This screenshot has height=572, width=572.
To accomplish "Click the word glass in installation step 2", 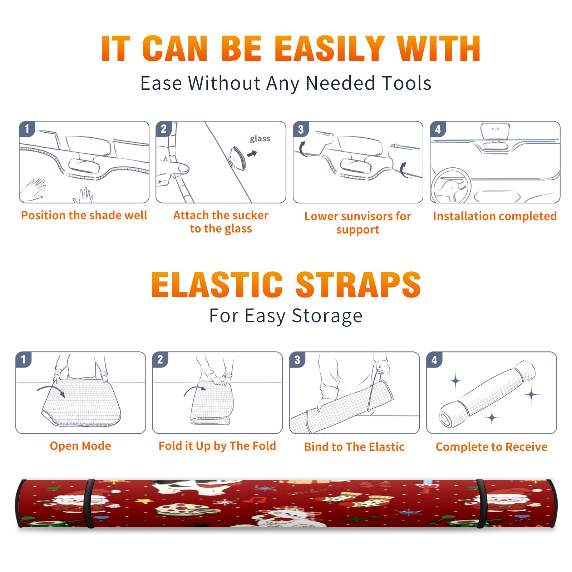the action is pos(260,139).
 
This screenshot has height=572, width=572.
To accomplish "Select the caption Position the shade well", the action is pos(84,215).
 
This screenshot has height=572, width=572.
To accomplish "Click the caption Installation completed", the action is pos(495,216).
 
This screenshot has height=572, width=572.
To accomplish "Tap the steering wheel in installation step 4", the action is pos(450,186).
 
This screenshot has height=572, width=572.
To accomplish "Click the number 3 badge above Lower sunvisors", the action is pos(301,129).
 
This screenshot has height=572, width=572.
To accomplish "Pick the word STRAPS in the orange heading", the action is pos(358,285).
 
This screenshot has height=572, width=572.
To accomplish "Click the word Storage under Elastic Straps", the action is pos(327,316).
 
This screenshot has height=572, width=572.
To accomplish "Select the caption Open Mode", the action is pos(80,446).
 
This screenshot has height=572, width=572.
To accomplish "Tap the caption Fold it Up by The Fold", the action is pos(217,446).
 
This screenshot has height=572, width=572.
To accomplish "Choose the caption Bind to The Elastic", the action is pos(354,447).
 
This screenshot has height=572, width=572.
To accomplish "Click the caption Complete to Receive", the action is pos(492,447).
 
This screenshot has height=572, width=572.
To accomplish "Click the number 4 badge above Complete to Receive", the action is pos(434,360).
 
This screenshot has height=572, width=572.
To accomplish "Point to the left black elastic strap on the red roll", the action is pos(89,503).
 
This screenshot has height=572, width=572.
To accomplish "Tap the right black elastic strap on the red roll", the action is pos(481,503).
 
